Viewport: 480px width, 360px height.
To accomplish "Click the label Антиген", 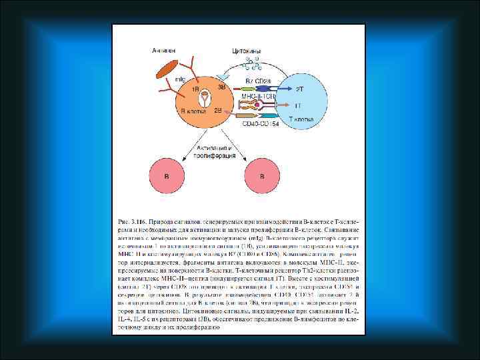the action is (163, 51).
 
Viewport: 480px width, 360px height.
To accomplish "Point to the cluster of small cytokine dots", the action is (253, 63).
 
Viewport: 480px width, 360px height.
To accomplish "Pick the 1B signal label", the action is (196, 89).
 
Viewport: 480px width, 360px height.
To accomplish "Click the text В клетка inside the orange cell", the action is (192, 113).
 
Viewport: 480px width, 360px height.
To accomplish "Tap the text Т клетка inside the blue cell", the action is (301, 119).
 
